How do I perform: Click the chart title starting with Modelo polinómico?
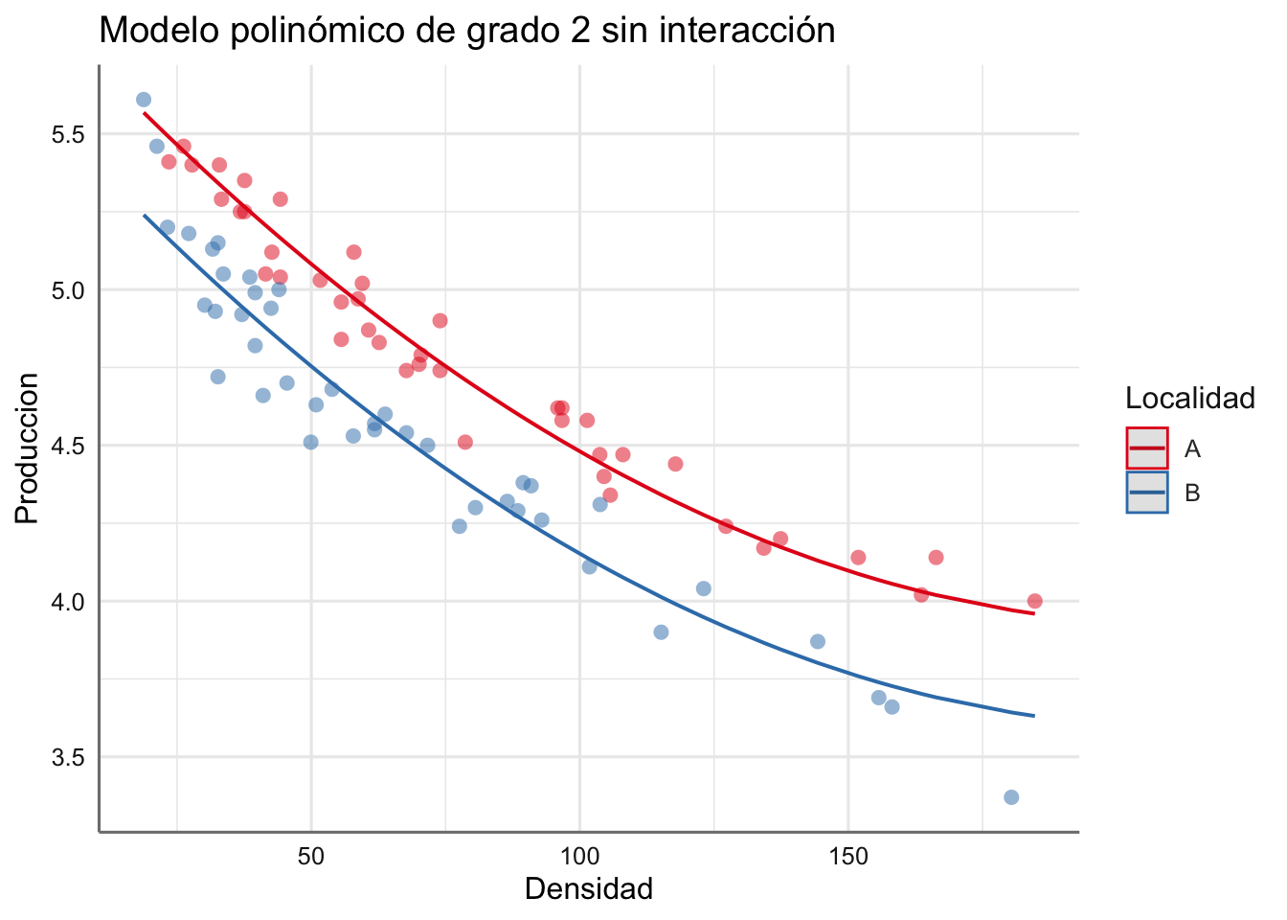coord(467,31)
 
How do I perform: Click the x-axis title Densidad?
coord(589,888)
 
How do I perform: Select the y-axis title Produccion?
coord(27,448)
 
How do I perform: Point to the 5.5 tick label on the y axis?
coord(67,134)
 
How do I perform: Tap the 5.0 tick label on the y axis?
coord(67,290)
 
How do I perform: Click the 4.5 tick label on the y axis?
coord(67,446)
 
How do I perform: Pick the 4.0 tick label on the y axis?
coord(67,602)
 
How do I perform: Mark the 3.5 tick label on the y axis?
coord(67,757)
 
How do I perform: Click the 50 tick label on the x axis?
coord(311,856)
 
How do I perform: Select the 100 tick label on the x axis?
coord(579,856)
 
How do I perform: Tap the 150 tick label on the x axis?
coord(848,856)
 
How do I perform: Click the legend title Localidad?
coord(1190,399)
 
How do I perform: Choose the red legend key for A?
coord(1147,448)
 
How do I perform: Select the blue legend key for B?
coord(1147,493)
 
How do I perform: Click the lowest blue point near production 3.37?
coord(1011,797)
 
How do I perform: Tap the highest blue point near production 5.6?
coord(144,100)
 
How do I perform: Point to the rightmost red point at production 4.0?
coord(1034,601)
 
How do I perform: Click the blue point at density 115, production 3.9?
coord(661,632)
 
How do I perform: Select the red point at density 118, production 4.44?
coord(675,464)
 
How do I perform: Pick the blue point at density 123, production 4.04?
coord(704,588)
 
